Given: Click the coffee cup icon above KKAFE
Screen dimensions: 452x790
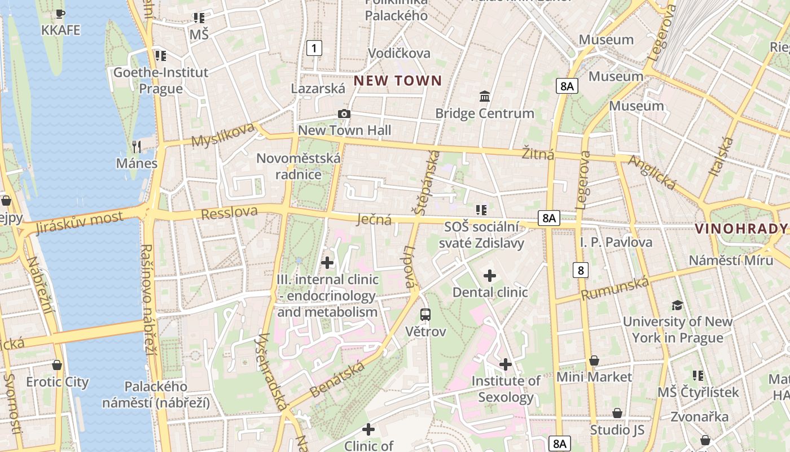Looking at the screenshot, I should [60, 14].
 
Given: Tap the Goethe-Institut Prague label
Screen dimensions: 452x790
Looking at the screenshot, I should [161, 80].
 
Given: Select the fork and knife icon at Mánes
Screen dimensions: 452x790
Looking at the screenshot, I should [136, 147].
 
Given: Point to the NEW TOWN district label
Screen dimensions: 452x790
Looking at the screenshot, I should [398, 80].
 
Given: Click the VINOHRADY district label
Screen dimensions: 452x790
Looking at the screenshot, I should [741, 229].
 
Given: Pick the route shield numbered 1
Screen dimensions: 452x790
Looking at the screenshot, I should [314, 48].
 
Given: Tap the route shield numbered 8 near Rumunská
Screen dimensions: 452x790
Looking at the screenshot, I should [581, 270].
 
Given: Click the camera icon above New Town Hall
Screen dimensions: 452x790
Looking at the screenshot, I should [344, 114].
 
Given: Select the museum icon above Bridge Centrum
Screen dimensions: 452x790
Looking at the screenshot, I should [484, 97].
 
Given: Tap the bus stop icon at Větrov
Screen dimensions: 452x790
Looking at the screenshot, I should [425, 315].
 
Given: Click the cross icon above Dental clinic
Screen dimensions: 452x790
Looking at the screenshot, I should [490, 276].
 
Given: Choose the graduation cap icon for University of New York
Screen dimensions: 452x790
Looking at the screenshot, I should [677, 306].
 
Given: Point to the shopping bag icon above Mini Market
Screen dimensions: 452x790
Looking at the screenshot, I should [594, 360].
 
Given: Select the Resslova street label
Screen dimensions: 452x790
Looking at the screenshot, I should [229, 213].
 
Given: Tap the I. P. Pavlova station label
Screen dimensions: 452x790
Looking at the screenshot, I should [616, 242].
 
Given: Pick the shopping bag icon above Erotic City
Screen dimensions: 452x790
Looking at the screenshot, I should [57, 366].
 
